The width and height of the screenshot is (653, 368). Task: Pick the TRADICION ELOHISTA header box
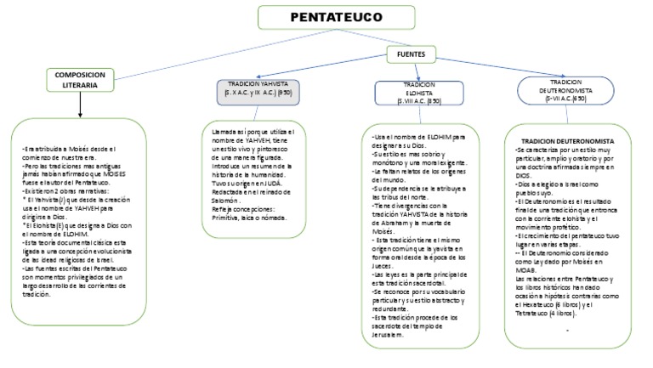(417, 93)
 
